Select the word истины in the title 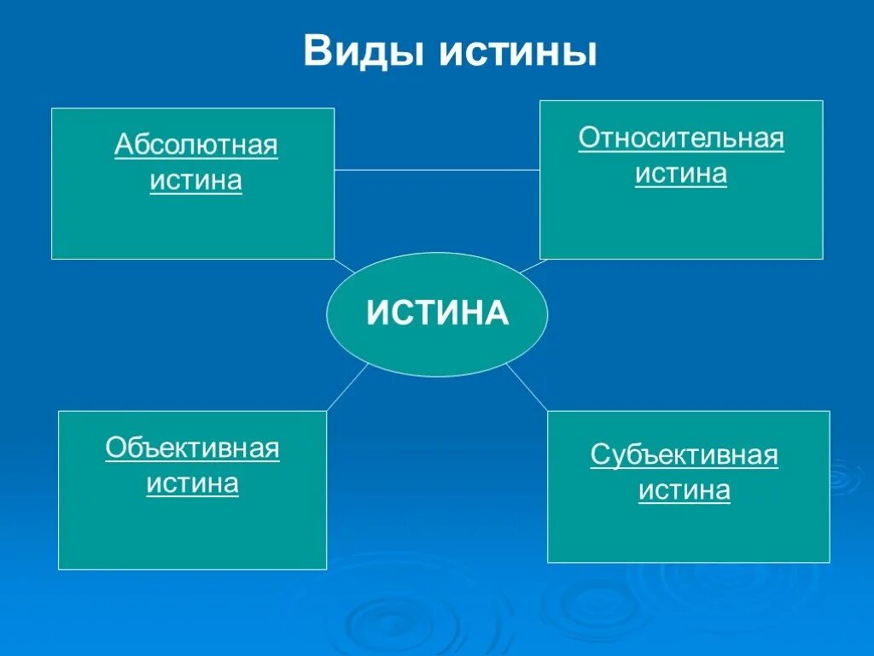pyautogui.click(x=518, y=51)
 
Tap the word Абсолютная pyautogui.click(x=196, y=145)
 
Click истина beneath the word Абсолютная pyautogui.click(x=196, y=181)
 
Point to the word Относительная pyautogui.click(x=681, y=138)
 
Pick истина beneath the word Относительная pyautogui.click(x=681, y=173)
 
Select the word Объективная pyautogui.click(x=193, y=448)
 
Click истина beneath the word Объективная pyautogui.click(x=193, y=483)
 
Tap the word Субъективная pyautogui.click(x=685, y=455)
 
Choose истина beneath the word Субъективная pyautogui.click(x=685, y=491)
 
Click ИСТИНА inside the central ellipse pyautogui.click(x=438, y=313)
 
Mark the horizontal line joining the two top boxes pyautogui.click(x=436, y=170)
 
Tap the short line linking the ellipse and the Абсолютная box pyautogui.click(x=345, y=266)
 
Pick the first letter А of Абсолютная pyautogui.click(x=123, y=145)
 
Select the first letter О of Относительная pyautogui.click(x=587, y=138)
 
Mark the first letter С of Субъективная pyautogui.click(x=598, y=455)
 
